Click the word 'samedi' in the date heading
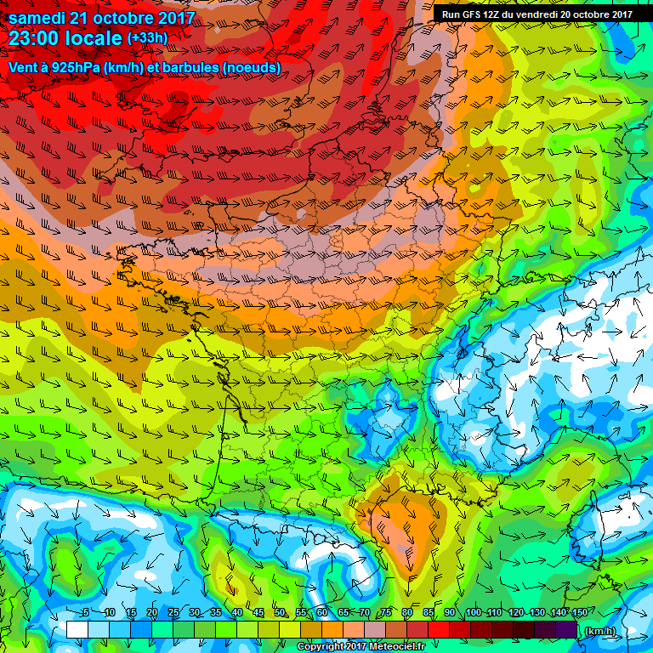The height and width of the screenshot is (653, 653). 37,18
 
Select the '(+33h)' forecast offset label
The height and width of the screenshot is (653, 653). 147,38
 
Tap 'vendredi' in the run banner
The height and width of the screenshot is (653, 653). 541,14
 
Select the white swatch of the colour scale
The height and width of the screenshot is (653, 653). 77,629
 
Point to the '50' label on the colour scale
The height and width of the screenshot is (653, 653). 281,612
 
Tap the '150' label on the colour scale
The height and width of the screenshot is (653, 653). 580,612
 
